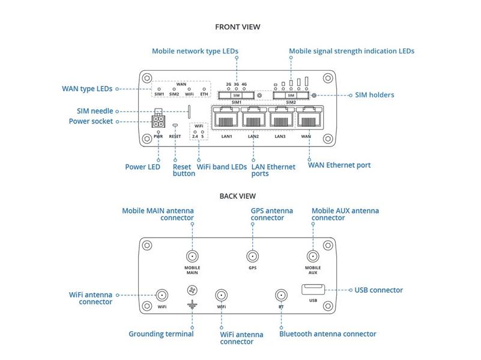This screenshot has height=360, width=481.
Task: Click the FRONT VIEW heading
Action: click(x=238, y=27)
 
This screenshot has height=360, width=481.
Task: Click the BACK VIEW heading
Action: click(x=238, y=196)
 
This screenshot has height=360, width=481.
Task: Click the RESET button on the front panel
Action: click(x=175, y=125)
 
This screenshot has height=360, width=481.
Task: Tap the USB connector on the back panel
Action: click(x=313, y=290)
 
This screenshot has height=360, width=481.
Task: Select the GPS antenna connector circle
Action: click(x=252, y=255)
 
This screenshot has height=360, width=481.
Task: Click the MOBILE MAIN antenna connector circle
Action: click(x=192, y=255)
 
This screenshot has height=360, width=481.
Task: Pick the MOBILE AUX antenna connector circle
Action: click(x=312, y=255)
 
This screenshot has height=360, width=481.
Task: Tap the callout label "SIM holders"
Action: click(x=375, y=95)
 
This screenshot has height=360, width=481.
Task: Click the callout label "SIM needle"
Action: click(x=95, y=111)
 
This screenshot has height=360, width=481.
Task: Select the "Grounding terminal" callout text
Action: click(x=161, y=334)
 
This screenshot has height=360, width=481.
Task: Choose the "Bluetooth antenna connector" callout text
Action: click(x=328, y=334)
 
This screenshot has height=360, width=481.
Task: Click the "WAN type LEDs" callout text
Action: click(x=87, y=89)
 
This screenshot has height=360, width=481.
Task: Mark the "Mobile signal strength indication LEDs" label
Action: click(x=351, y=52)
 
